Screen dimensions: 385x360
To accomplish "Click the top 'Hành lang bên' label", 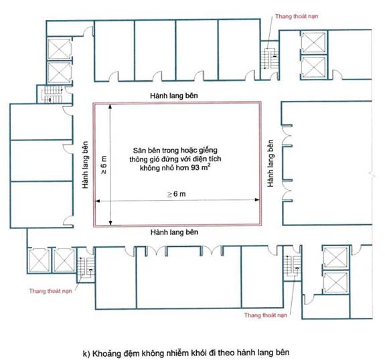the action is [174, 96].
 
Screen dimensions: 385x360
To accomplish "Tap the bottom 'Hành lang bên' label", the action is [174, 232].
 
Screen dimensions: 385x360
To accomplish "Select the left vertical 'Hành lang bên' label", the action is [85, 165].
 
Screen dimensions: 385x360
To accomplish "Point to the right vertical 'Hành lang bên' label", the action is [271, 163].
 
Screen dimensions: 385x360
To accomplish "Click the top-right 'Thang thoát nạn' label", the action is [297, 17].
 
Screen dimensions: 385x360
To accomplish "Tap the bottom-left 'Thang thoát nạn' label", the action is [51, 291].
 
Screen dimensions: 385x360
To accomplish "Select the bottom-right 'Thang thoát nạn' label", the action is [266, 315].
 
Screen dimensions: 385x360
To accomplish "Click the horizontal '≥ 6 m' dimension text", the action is [177, 194].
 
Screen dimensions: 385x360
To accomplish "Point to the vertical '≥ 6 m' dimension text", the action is [104, 165].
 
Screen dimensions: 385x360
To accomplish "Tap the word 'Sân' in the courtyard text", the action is [137, 150].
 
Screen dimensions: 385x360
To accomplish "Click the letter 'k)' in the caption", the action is [86, 353].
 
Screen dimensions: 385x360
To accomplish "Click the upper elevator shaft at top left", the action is [59, 49].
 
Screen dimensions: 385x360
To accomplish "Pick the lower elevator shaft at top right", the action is [313, 67].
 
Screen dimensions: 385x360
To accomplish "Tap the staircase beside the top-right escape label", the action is [270, 59].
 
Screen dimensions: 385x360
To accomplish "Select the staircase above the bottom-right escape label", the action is [292, 266].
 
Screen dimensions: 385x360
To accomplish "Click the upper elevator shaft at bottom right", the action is [335, 258].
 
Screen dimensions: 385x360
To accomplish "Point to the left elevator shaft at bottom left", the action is [39, 260].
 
